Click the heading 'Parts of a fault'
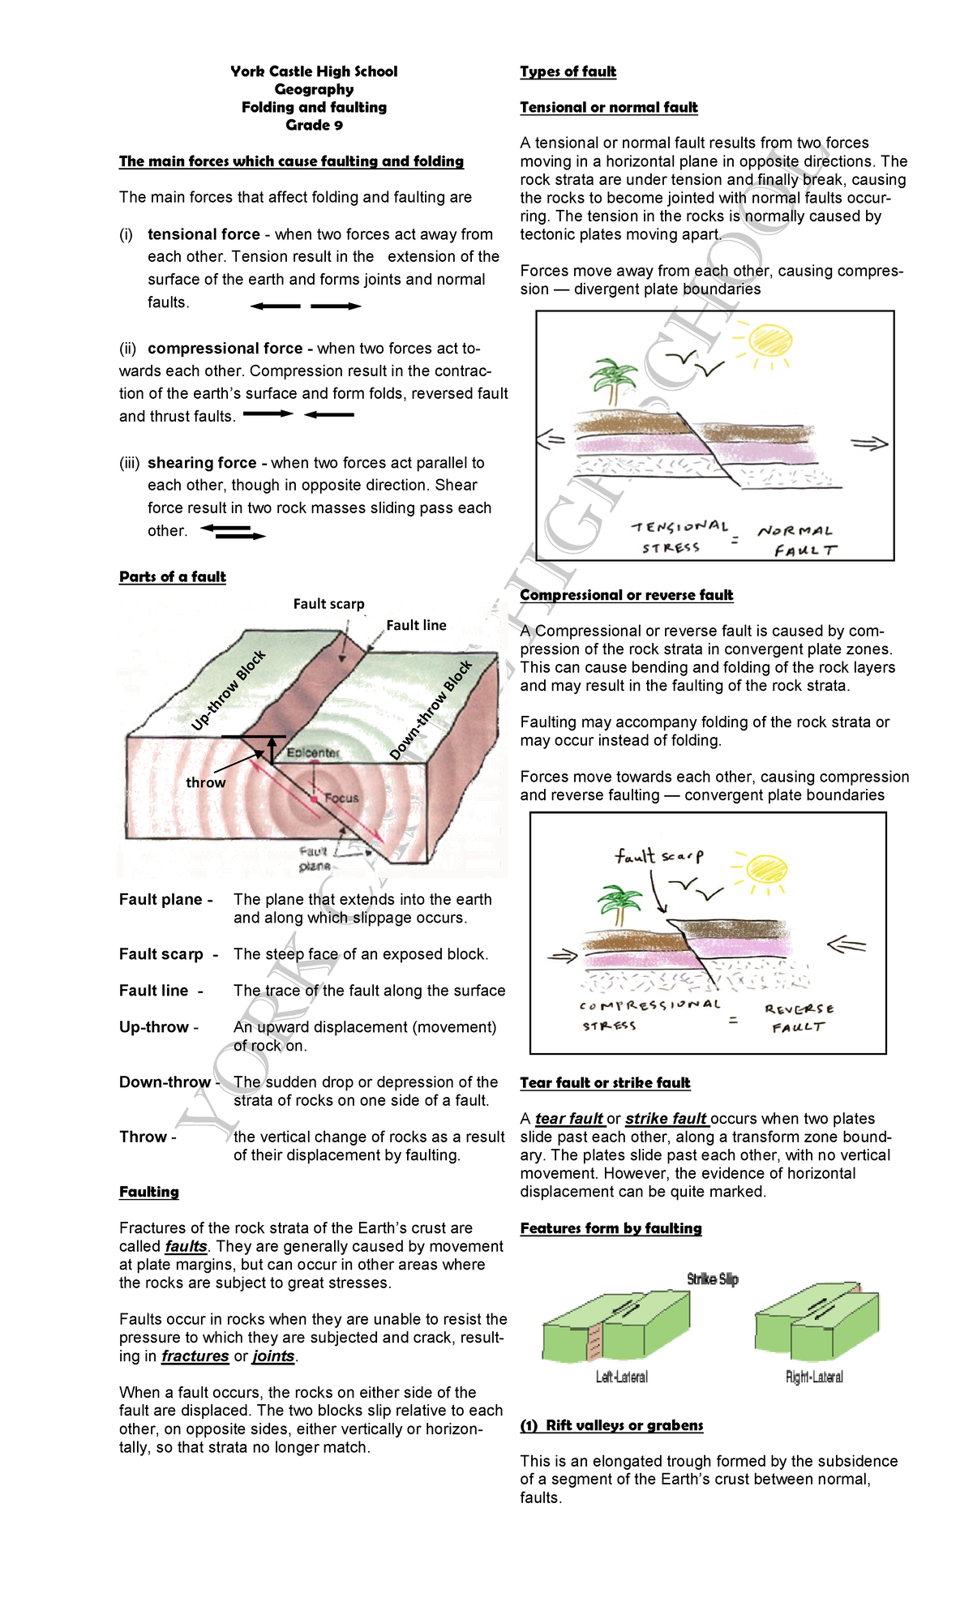[172, 576]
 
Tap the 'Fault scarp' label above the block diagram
[328, 604]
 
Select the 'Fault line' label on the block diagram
[416, 625]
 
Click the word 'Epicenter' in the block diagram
[313, 752]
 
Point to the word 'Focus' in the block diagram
[341, 798]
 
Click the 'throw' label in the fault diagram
[205, 782]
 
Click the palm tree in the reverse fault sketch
[620, 902]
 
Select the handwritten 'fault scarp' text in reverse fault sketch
[658, 856]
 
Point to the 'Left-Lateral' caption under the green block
[621, 1377]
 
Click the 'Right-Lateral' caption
[814, 1377]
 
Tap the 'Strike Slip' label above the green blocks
[712, 1279]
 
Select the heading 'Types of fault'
[568, 71]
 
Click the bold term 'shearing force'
[202, 463]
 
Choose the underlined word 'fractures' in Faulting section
[195, 1356]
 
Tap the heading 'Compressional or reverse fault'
[626, 595]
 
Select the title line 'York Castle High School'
[314, 71]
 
